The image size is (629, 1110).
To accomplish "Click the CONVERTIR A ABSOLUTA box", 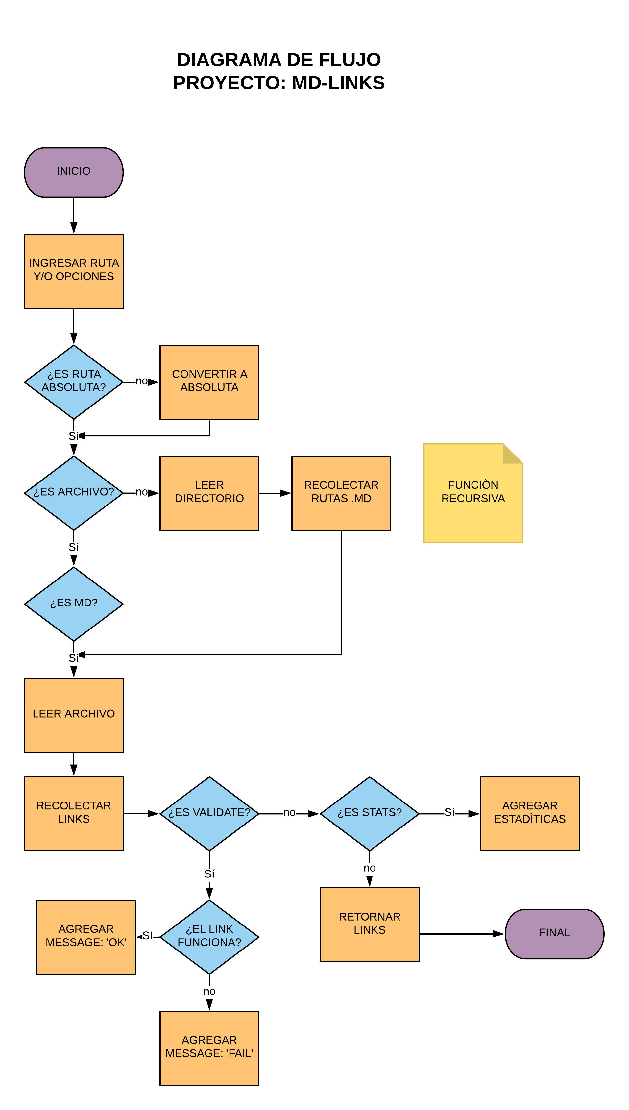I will pos(209,382).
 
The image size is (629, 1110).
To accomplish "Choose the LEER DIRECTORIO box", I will pos(209,493).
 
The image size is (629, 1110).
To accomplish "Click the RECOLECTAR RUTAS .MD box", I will pos(341,493).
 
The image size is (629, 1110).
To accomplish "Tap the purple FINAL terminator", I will pos(554,933).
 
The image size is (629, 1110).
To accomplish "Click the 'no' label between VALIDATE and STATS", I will pos(289,813).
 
